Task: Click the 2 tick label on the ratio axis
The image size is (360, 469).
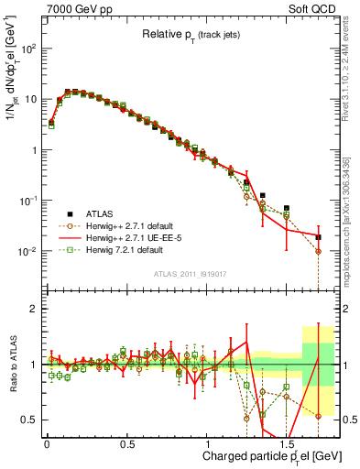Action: (34, 309)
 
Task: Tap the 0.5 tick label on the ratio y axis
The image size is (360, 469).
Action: (29, 420)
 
